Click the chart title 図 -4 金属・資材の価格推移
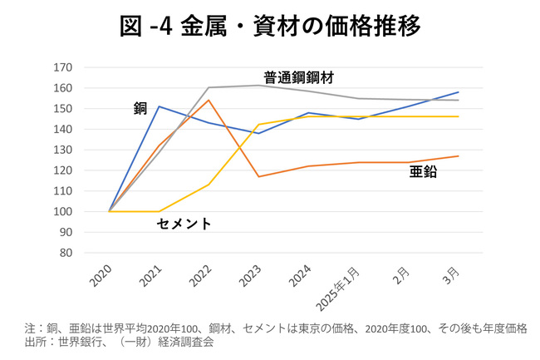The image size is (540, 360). point(269,25)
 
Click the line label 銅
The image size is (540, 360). point(140,109)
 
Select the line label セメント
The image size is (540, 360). point(184,224)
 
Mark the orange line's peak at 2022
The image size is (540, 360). point(209,101)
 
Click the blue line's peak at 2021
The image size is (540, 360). point(159,106)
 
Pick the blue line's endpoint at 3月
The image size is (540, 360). point(458,92)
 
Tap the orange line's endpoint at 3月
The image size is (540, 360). point(458,156)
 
